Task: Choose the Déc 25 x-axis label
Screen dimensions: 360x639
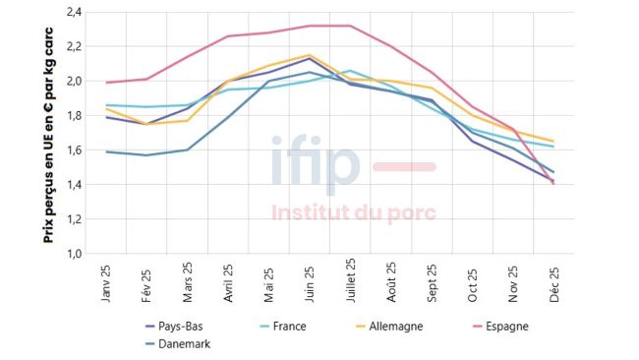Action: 554,282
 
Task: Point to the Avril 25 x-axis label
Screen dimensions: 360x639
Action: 229,284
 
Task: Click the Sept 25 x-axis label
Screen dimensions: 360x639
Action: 433,283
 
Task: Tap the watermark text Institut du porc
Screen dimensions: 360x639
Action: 353,212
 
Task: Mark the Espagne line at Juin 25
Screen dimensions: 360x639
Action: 310,26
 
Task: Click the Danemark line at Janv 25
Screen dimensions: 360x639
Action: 106,151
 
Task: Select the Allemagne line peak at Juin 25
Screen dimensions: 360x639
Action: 310,55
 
